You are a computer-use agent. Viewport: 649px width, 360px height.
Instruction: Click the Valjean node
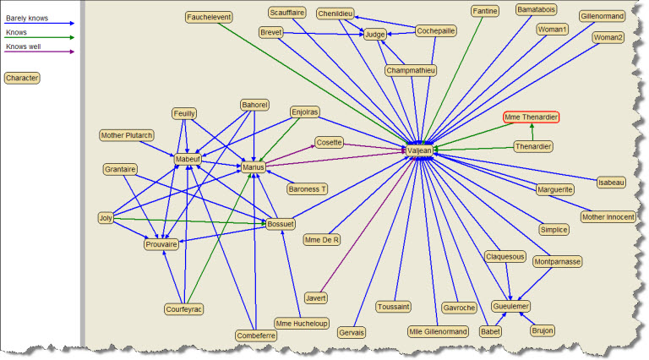coord(419,150)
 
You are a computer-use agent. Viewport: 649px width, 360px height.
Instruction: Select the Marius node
coord(254,167)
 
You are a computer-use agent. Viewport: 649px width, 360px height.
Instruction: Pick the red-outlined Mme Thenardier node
coord(532,117)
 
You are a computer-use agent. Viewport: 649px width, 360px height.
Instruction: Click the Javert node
coord(316,297)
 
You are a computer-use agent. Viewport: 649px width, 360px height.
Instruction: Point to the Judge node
coord(374,35)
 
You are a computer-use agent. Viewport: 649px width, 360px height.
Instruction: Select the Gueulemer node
coord(511,306)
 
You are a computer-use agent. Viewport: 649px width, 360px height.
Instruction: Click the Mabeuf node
coord(187,159)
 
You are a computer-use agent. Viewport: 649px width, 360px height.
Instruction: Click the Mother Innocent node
coord(608,216)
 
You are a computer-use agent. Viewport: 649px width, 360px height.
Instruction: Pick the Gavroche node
coord(459,308)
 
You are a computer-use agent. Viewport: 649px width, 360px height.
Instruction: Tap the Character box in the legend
coord(22,78)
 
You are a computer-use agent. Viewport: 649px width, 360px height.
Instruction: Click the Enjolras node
coord(304,112)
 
